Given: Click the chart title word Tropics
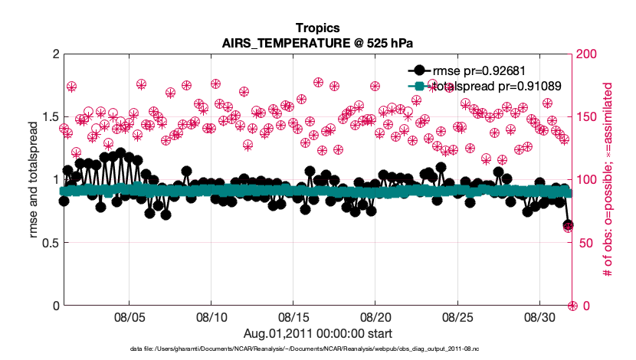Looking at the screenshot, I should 317,28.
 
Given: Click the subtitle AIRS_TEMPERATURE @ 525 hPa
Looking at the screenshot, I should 317,42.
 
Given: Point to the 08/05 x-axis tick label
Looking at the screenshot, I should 129,317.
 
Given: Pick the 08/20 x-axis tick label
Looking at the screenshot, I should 375,317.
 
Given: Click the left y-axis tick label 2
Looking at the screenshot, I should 55,54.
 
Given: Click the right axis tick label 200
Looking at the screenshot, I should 586,54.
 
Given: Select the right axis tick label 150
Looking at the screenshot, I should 586,117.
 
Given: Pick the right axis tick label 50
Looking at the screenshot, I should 583,243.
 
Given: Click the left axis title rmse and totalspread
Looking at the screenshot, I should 34,180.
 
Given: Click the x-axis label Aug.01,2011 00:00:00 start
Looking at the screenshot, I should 317,333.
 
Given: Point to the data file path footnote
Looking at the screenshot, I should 317,349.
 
